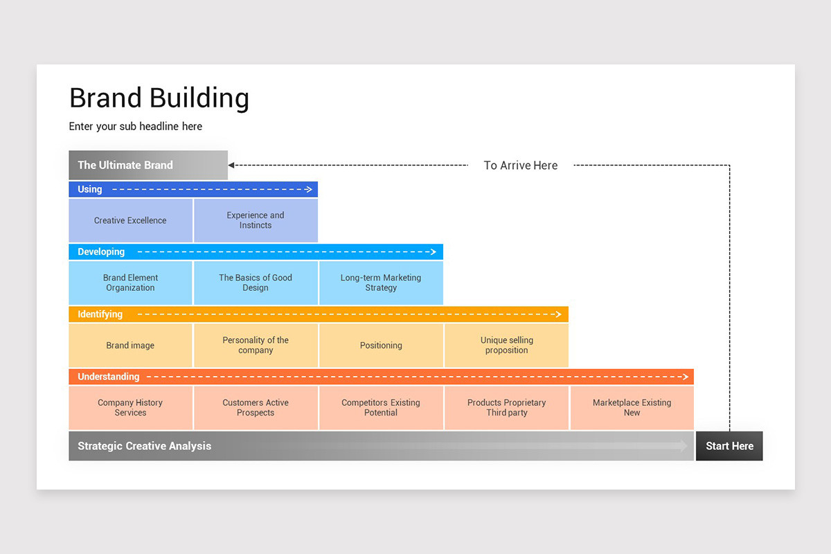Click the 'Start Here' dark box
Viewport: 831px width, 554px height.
(729, 446)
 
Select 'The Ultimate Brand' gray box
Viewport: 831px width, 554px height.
(148, 165)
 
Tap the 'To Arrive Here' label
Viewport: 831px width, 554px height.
(520, 166)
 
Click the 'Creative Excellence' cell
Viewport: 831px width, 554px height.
(130, 220)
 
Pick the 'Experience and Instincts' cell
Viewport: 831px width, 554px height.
(256, 220)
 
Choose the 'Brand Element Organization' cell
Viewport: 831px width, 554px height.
(130, 283)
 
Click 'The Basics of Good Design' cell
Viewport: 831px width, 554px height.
(256, 283)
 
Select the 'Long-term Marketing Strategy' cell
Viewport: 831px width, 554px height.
(381, 283)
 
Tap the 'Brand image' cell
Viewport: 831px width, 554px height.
(130, 345)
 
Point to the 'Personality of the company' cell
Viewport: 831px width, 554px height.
(256, 345)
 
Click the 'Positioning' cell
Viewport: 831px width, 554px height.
(381, 345)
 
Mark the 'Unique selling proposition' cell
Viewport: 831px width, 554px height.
(506, 345)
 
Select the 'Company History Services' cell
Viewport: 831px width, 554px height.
(130, 407)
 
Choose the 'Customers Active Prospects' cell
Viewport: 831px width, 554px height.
(256, 407)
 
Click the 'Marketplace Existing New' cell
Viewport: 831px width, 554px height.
(632, 407)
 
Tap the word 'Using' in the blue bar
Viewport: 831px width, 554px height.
(90, 189)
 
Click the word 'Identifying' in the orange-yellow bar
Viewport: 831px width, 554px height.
(100, 314)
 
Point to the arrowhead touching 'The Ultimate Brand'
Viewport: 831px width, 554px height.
(231, 166)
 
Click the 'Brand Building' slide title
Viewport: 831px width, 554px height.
(159, 98)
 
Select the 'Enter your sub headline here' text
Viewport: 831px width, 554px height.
(136, 127)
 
